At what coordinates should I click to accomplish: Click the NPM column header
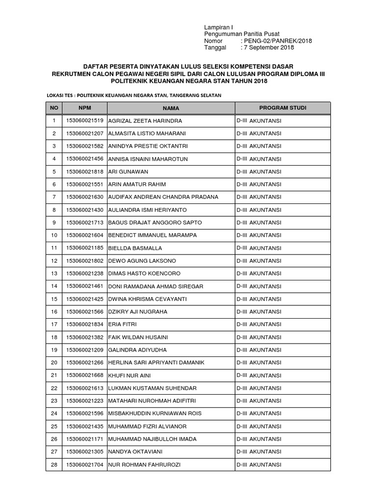pos(84,107)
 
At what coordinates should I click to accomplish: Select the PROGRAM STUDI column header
pos(283,107)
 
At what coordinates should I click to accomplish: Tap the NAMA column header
pos(171,108)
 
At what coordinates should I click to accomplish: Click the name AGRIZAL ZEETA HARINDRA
pos(145,121)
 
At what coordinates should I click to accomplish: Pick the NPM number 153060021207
pos(84,133)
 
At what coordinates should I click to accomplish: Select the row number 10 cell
pos(54,235)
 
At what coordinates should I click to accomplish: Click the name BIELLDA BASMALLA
pos(135,248)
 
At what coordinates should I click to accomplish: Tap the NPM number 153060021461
pos(84,286)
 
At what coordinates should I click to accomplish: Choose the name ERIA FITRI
pos(123,325)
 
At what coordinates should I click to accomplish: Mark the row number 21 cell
pos(54,376)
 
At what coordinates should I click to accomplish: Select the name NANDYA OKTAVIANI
pos(135,452)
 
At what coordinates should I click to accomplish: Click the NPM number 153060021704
pos(84,465)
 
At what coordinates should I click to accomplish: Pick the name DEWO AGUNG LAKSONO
pos(142,261)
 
